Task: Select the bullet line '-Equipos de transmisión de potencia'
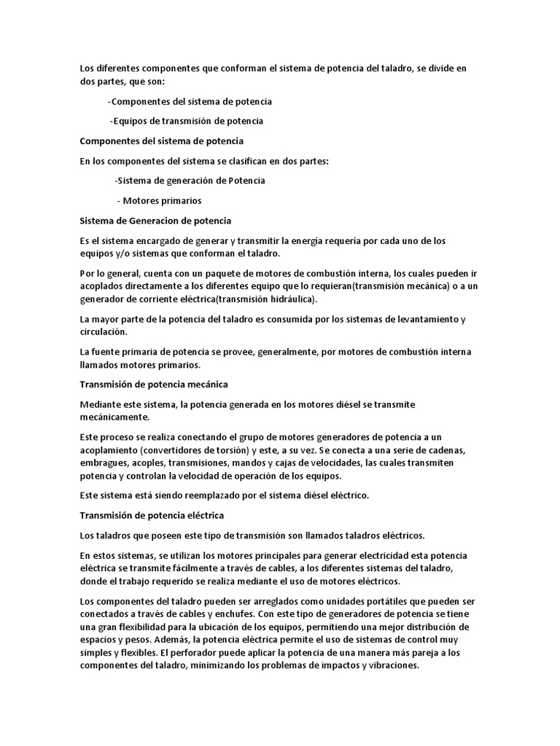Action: [186, 121]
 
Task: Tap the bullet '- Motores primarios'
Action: [159, 200]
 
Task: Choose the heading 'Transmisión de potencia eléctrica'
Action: [151, 516]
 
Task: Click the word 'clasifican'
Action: [248, 160]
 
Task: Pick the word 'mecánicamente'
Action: [114, 417]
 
